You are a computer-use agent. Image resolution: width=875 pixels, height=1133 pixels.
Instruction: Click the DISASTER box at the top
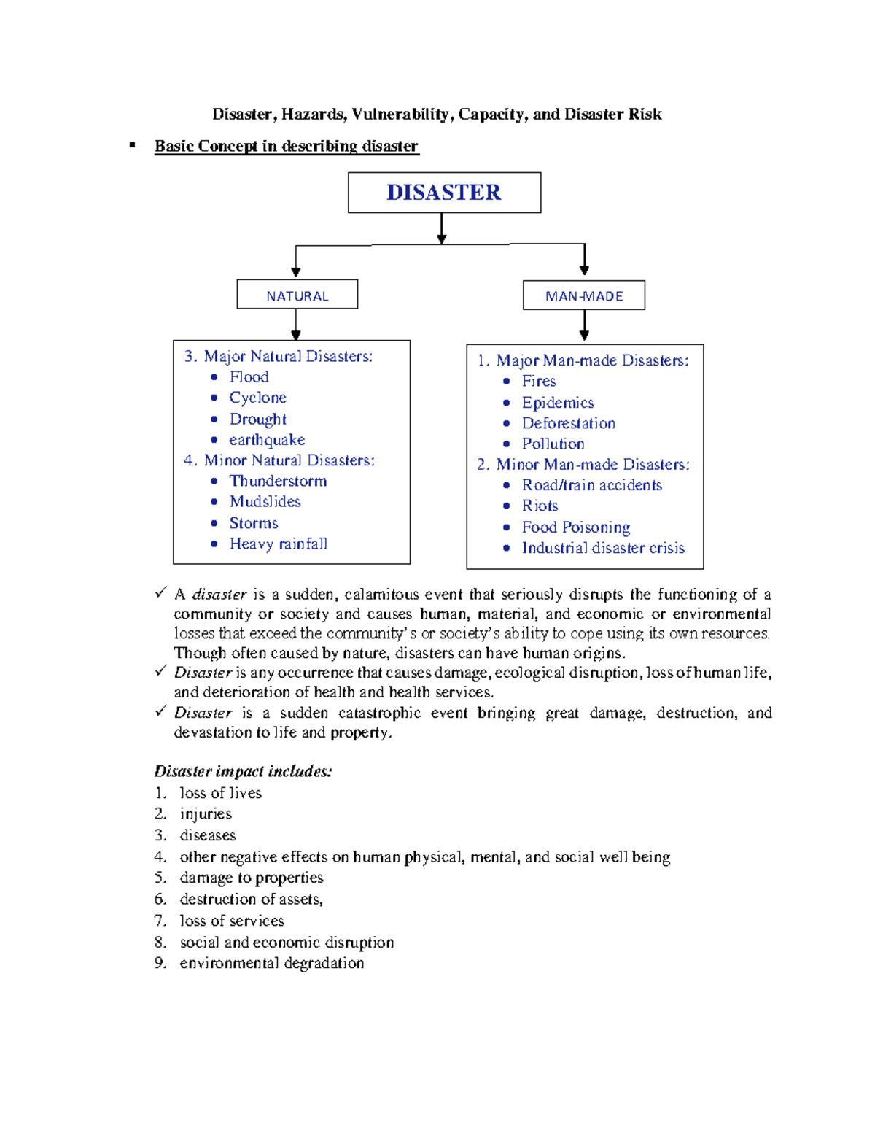pyautogui.click(x=444, y=193)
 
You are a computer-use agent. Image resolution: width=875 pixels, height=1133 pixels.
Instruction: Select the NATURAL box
pyautogui.click(x=297, y=295)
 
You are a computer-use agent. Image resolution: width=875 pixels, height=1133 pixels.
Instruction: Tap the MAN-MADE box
pyautogui.click(x=584, y=296)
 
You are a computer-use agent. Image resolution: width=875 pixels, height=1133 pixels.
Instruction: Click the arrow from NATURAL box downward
pyautogui.click(x=296, y=325)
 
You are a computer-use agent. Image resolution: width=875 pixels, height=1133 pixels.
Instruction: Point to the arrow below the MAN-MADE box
pyautogui.click(x=584, y=326)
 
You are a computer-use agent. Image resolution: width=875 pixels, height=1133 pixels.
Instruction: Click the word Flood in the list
pyautogui.click(x=249, y=377)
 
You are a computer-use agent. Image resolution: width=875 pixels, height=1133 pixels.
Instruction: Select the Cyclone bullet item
pyautogui.click(x=257, y=398)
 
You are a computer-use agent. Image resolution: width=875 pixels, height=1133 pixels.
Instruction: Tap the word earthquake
pyautogui.click(x=267, y=440)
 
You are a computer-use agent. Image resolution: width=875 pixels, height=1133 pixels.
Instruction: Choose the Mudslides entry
pyautogui.click(x=265, y=502)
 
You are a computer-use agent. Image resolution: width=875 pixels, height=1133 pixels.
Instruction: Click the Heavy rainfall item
pyautogui.click(x=278, y=544)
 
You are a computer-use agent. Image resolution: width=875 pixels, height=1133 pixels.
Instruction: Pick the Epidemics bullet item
pyautogui.click(x=558, y=403)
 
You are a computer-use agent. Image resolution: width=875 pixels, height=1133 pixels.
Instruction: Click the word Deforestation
pyautogui.click(x=568, y=423)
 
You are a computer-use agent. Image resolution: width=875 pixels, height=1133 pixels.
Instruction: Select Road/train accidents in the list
pyautogui.click(x=591, y=485)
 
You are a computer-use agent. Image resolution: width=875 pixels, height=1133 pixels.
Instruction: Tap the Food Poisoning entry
pyautogui.click(x=575, y=527)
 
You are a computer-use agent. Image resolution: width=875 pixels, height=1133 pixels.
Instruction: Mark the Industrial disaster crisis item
pyautogui.click(x=603, y=548)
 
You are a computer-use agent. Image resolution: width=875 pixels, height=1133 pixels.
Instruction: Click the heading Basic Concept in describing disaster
pyautogui.click(x=286, y=147)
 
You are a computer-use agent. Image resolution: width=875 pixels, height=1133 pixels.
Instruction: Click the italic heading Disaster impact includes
pyautogui.click(x=243, y=771)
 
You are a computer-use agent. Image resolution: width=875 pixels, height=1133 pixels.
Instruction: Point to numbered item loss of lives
pyautogui.click(x=220, y=793)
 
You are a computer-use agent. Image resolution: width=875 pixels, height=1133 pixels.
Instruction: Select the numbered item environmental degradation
pyautogui.click(x=271, y=963)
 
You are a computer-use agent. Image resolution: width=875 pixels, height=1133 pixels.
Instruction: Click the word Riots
pyautogui.click(x=540, y=506)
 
